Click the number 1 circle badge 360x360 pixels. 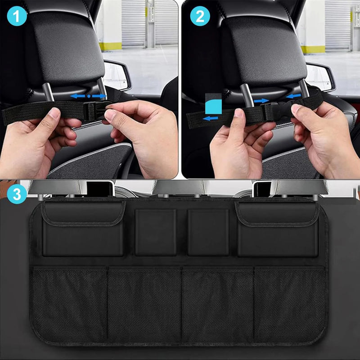coord(17,17)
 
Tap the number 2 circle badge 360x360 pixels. coord(199,17)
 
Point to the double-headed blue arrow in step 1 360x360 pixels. coord(89,96)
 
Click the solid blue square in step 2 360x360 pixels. coord(213,103)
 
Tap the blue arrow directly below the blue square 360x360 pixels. coord(211,118)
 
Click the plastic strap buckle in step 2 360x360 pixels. coord(275,111)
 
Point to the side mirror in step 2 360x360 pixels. coord(320,76)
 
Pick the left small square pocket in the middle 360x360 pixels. coord(156,232)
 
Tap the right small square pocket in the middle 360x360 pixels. coord(208,232)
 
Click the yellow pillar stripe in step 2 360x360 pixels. coord(313,49)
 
